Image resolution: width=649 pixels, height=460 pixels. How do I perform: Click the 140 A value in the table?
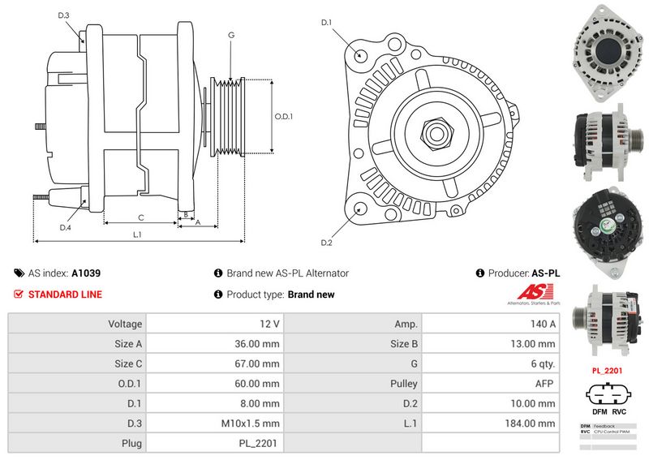[x=541, y=324]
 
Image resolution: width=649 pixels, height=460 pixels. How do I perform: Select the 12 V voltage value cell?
[x=269, y=324]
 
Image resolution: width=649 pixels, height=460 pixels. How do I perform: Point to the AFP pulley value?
[x=545, y=384]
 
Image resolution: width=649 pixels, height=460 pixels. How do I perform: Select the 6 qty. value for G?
[x=542, y=363]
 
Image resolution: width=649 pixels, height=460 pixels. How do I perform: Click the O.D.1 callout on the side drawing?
[x=283, y=116]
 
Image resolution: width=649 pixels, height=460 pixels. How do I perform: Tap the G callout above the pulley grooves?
[x=231, y=35]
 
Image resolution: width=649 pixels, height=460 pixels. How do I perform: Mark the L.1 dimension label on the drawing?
[x=138, y=234]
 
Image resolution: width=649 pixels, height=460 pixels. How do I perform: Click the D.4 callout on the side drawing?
[x=65, y=228]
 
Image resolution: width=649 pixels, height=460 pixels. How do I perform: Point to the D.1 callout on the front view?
[x=327, y=23]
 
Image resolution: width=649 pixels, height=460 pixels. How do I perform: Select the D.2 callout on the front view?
[x=327, y=243]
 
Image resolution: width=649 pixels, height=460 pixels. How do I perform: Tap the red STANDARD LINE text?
[x=65, y=294]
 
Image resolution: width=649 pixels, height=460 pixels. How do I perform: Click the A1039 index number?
[x=86, y=274]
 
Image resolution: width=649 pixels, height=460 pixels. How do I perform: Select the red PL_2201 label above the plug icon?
[x=607, y=371]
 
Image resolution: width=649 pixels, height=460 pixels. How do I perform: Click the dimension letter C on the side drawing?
[x=140, y=217]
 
